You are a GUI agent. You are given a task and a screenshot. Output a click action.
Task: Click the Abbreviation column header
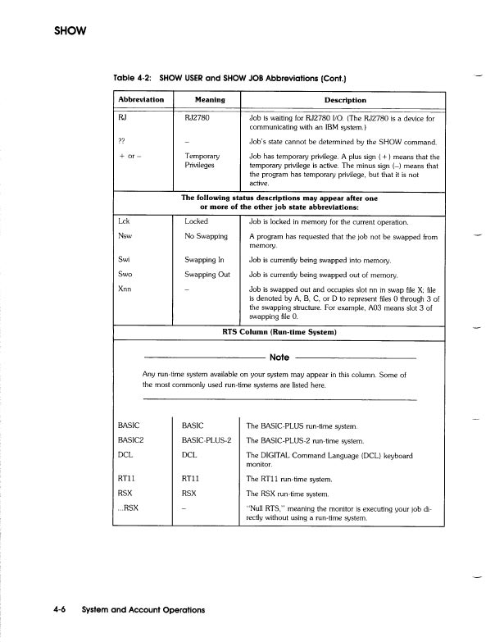point(142,100)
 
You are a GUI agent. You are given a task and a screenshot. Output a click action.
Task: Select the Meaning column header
point(205,100)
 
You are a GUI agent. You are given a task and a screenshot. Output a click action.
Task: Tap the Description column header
point(345,100)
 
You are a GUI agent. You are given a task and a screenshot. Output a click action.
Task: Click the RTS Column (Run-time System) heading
point(280,331)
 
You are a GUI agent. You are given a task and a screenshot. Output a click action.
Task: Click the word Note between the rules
point(279,357)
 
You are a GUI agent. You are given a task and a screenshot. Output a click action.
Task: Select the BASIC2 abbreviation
point(132,440)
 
